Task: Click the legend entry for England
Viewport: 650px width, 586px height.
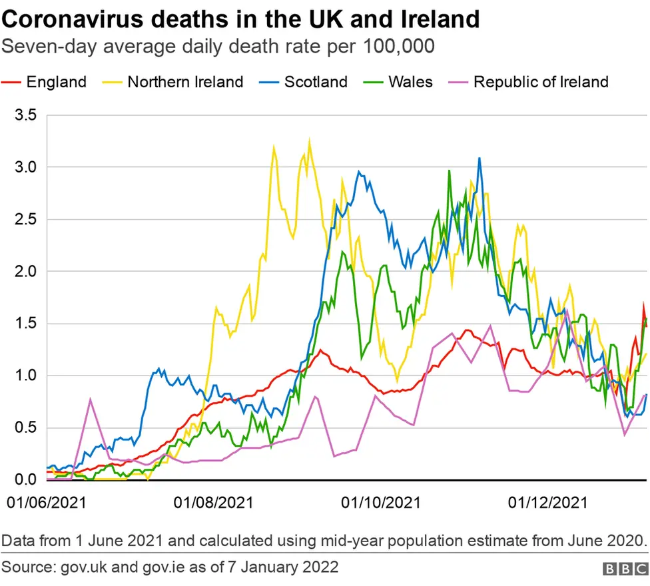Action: pos(56,82)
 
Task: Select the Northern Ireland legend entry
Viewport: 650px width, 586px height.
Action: pos(184,82)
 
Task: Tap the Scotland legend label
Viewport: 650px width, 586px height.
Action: pos(316,82)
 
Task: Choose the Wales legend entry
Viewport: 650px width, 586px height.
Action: pos(410,82)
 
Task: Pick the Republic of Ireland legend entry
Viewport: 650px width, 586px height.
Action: pos(540,82)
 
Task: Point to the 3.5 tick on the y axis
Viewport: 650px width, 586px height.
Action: pos(27,115)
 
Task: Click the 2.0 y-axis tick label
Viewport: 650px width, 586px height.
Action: pos(27,272)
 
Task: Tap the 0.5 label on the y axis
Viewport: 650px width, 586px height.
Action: pos(27,428)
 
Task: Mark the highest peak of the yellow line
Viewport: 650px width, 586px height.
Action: pos(309,141)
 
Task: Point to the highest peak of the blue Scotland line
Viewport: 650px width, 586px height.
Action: pos(479,158)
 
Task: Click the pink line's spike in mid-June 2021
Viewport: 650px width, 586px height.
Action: pos(91,380)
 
